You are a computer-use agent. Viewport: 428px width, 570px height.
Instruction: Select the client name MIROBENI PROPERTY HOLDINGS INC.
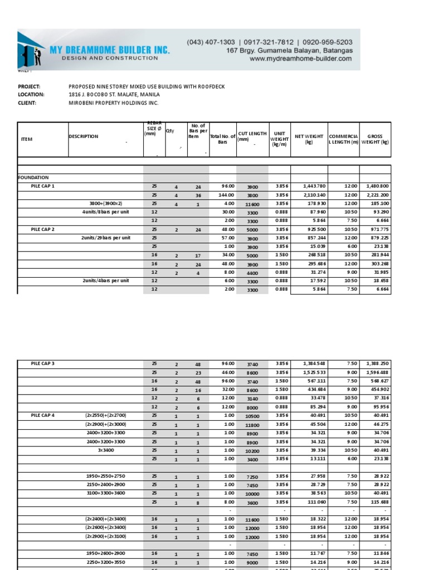113,103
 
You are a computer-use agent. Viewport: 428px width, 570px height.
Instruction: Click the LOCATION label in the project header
31,95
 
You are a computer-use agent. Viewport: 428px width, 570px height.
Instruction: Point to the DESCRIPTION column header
84,136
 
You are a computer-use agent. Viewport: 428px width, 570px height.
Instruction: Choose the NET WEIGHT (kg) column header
309,139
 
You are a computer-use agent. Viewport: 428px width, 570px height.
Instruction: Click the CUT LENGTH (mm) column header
252,136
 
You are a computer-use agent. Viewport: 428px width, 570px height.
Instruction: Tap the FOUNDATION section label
33,178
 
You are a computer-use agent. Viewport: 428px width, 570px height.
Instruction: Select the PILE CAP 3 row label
43,363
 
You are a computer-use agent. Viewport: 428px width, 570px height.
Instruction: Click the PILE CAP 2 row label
43,229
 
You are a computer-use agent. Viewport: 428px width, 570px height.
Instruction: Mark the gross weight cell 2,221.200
377,195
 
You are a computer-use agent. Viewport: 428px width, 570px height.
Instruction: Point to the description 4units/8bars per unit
106,212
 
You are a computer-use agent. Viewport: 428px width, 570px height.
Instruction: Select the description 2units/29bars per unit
106,238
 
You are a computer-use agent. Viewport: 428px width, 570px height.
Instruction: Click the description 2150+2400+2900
105,485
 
